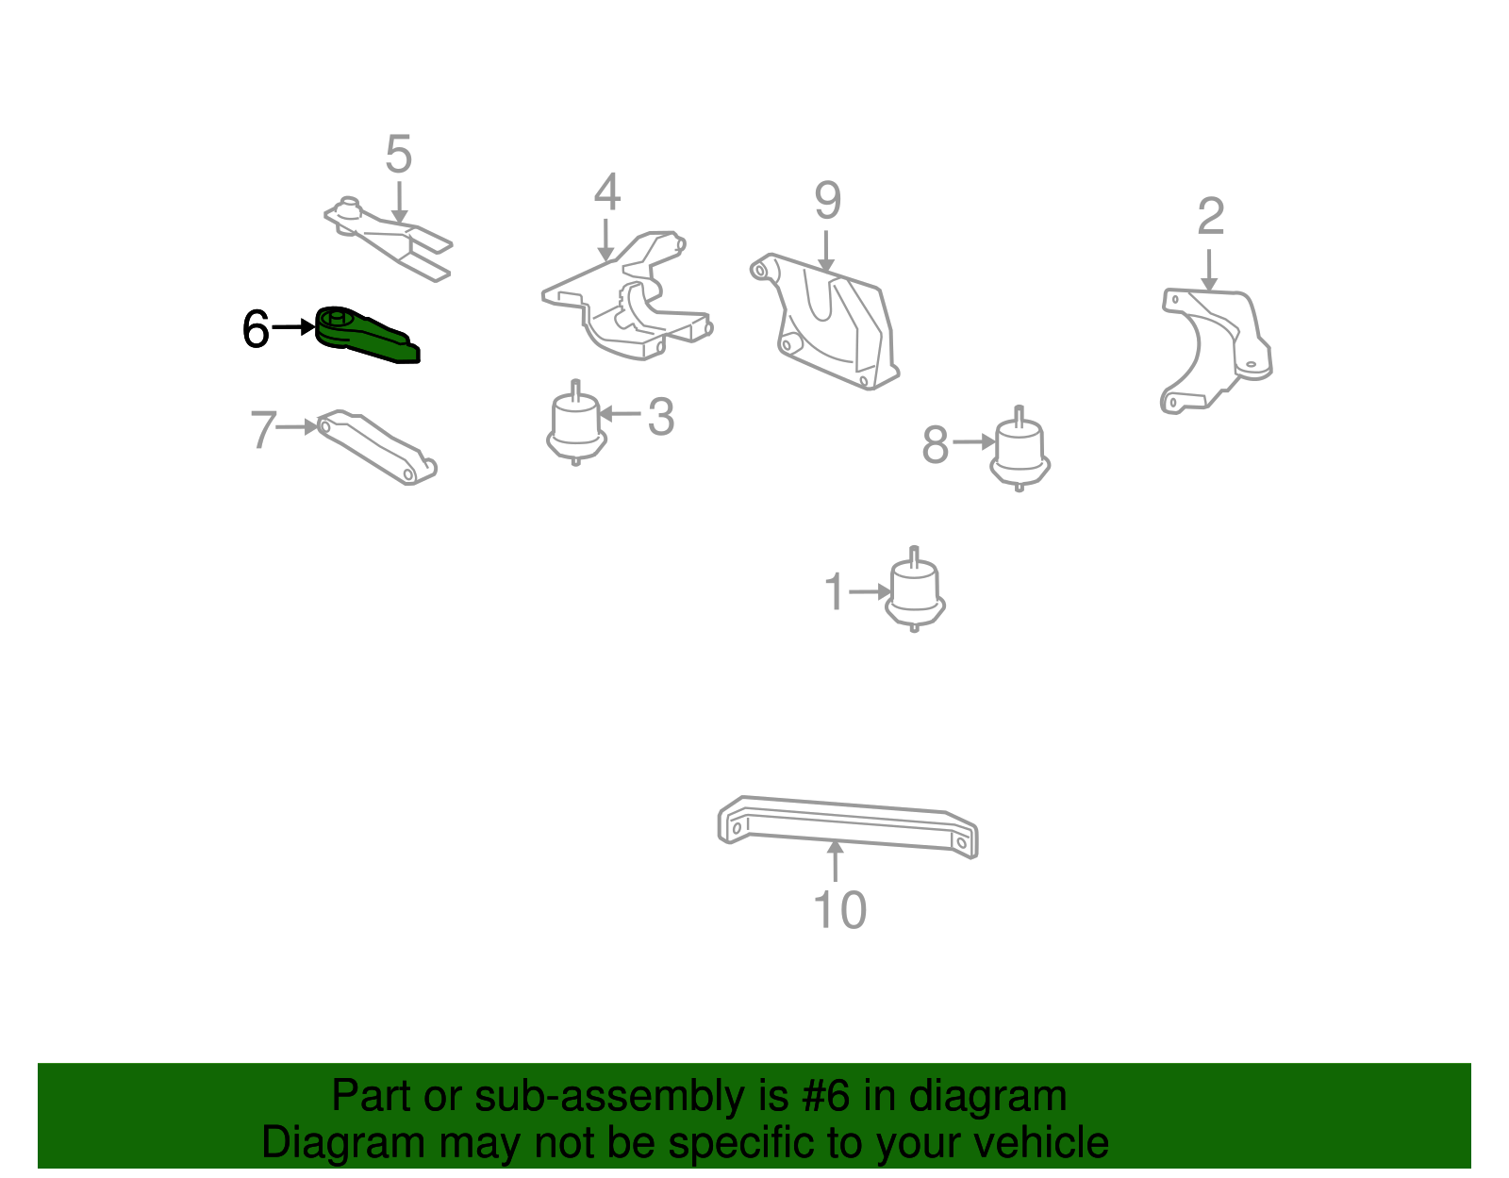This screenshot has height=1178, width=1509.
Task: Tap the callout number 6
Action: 256,329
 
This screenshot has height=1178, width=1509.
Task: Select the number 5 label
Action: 399,154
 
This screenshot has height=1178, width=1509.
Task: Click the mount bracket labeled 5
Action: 391,238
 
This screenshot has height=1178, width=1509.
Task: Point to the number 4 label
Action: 606,192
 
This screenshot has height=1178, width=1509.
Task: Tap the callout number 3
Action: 661,417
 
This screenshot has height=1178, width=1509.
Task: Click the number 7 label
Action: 263,430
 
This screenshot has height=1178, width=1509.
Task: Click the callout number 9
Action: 827,200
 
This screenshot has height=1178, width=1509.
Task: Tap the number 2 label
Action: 1210,217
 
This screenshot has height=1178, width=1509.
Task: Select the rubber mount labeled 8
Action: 1020,451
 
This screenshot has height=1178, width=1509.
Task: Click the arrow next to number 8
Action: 973,441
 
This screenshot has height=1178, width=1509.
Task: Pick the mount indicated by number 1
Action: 914,591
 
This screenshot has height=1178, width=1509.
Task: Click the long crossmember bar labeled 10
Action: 847,826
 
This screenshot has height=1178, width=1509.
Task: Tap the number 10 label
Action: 838,910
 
